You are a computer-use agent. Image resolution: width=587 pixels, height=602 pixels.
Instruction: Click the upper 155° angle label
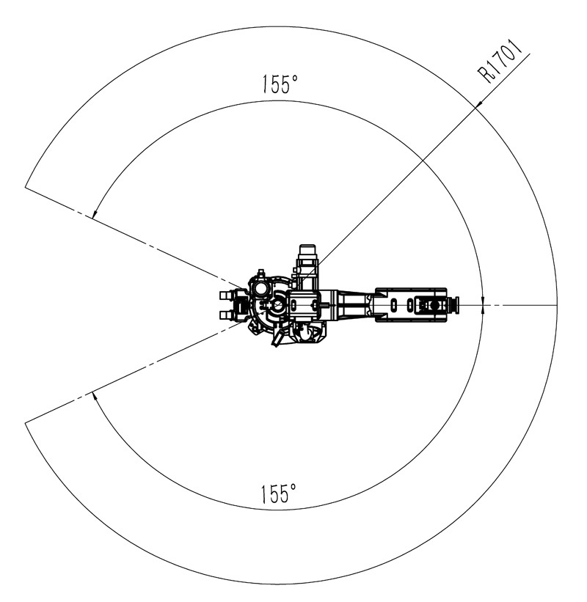point(280,84)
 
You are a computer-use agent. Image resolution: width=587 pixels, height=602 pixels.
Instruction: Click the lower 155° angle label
point(279,493)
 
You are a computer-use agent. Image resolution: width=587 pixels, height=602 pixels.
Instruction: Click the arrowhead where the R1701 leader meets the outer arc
point(478,105)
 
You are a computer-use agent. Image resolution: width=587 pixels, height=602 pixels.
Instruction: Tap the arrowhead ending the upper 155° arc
point(95,213)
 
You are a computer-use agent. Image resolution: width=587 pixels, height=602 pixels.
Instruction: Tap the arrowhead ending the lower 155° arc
point(95,397)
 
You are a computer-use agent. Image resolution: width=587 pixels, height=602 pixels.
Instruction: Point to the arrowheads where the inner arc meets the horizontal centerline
point(483,305)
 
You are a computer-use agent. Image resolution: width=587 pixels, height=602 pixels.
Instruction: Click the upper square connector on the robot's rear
point(225,295)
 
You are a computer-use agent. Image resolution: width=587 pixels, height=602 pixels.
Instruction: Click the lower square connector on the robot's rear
point(225,315)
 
